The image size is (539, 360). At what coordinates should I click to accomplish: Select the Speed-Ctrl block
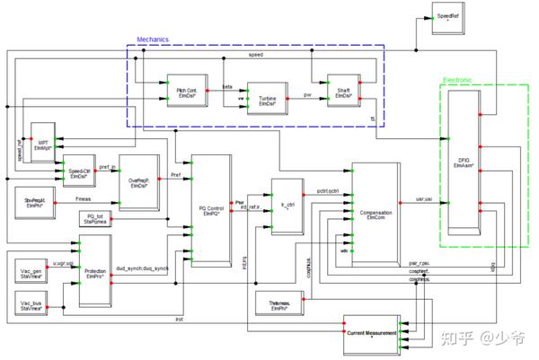click(x=80, y=171)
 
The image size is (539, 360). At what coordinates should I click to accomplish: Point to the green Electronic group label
click(x=458, y=80)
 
